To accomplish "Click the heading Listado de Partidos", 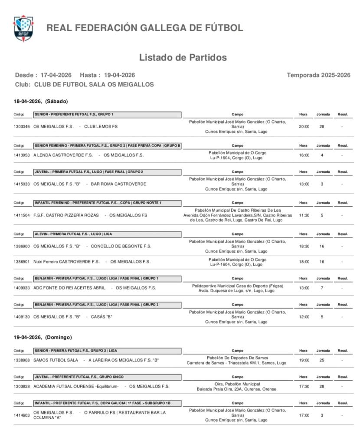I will point(183,57).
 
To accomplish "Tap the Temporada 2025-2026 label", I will point(318,75).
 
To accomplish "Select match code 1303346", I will point(22,127).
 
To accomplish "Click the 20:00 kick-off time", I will point(304,127).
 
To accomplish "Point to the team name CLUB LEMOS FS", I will point(101,127).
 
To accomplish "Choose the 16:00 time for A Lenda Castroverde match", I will point(304,155).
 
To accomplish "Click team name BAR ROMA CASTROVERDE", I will point(118,184).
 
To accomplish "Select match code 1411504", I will point(22,215).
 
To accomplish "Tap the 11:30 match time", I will point(304,215).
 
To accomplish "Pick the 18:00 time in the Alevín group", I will point(304,262).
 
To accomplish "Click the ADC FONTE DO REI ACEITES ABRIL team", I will point(69,288).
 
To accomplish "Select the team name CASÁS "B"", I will point(101,317).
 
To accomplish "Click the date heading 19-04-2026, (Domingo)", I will point(43,337).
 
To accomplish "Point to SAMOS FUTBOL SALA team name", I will point(56,360).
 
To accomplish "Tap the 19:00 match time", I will point(304,360).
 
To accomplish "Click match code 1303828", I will point(22,387).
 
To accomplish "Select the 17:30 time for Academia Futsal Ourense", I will point(304,387).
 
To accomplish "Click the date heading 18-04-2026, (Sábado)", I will point(41,101).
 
